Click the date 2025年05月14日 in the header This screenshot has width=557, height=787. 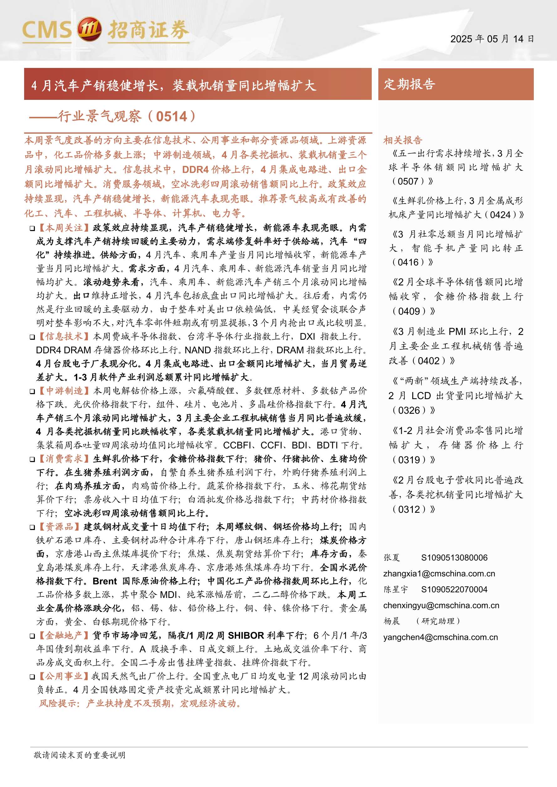(x=492, y=39)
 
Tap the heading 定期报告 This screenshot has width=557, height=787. (x=409, y=84)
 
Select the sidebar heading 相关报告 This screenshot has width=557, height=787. (x=402, y=140)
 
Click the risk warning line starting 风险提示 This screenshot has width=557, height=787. (x=140, y=703)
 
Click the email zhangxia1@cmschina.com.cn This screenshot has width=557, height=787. (x=439, y=574)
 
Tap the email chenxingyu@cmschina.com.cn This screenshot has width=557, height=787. (x=441, y=605)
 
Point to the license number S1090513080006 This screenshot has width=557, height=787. (x=454, y=558)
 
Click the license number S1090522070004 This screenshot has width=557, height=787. (x=454, y=589)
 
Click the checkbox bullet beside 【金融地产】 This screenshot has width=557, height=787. (x=32, y=636)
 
